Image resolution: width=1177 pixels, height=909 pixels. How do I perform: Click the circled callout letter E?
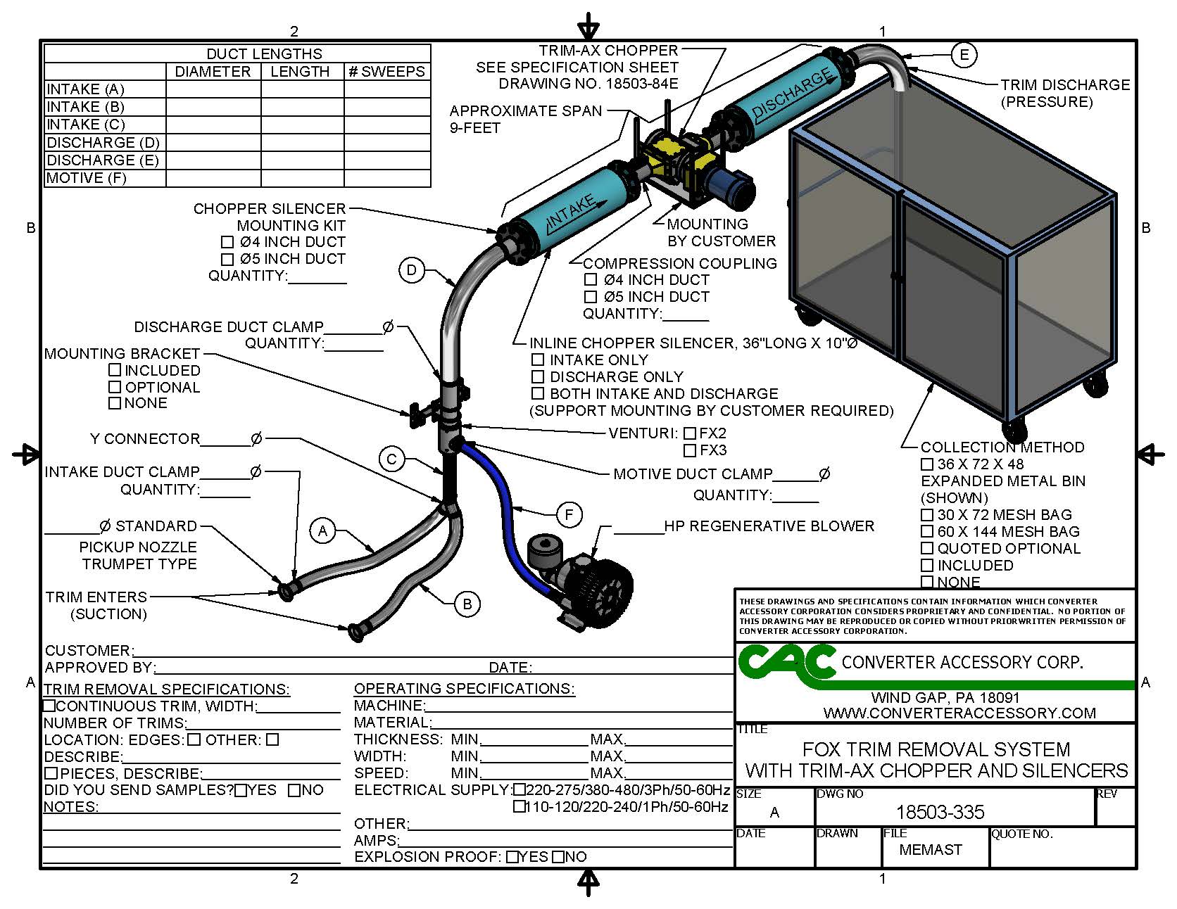pyautogui.click(x=964, y=54)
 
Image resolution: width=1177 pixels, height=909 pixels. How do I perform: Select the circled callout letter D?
pyautogui.click(x=412, y=270)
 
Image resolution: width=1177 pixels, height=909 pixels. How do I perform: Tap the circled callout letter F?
pyautogui.click(x=569, y=515)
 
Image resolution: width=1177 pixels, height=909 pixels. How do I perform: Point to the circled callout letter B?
pyautogui.click(x=467, y=604)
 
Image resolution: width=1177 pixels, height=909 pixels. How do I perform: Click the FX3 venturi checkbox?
pyautogui.click(x=690, y=450)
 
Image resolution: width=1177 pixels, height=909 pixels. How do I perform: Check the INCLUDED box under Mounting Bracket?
pyautogui.click(x=115, y=369)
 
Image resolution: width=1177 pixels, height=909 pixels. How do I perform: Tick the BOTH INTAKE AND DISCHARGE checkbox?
pyautogui.click(x=538, y=393)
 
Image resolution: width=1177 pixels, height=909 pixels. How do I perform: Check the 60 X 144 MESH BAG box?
pyautogui.click(x=927, y=532)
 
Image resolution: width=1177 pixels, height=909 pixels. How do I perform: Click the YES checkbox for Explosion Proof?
pyautogui.click(x=512, y=857)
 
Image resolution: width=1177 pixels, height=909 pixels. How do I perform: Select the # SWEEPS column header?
pyautogui.click(x=386, y=72)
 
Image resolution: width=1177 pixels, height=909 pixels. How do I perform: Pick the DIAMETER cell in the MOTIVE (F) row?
pyautogui.click(x=213, y=178)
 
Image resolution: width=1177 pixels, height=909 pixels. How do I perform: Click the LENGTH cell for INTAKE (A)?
pyautogui.click(x=301, y=89)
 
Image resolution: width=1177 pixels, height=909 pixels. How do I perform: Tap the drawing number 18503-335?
pyautogui.click(x=940, y=813)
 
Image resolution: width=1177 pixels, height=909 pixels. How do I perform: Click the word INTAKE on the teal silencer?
pyautogui.click(x=571, y=210)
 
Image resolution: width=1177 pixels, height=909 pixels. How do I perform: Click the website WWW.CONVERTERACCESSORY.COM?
pyautogui.click(x=959, y=713)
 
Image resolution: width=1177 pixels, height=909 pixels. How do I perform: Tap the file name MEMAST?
pyautogui.click(x=930, y=850)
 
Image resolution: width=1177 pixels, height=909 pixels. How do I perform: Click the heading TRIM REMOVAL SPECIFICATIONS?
pyautogui.click(x=167, y=689)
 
